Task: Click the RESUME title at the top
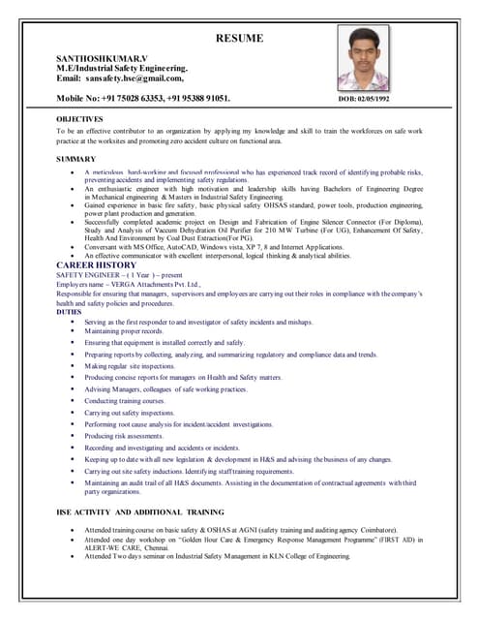tap(239, 40)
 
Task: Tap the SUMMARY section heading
tap(75, 158)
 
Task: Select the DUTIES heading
tap(69, 312)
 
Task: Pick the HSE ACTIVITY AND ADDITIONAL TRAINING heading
tap(140, 511)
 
